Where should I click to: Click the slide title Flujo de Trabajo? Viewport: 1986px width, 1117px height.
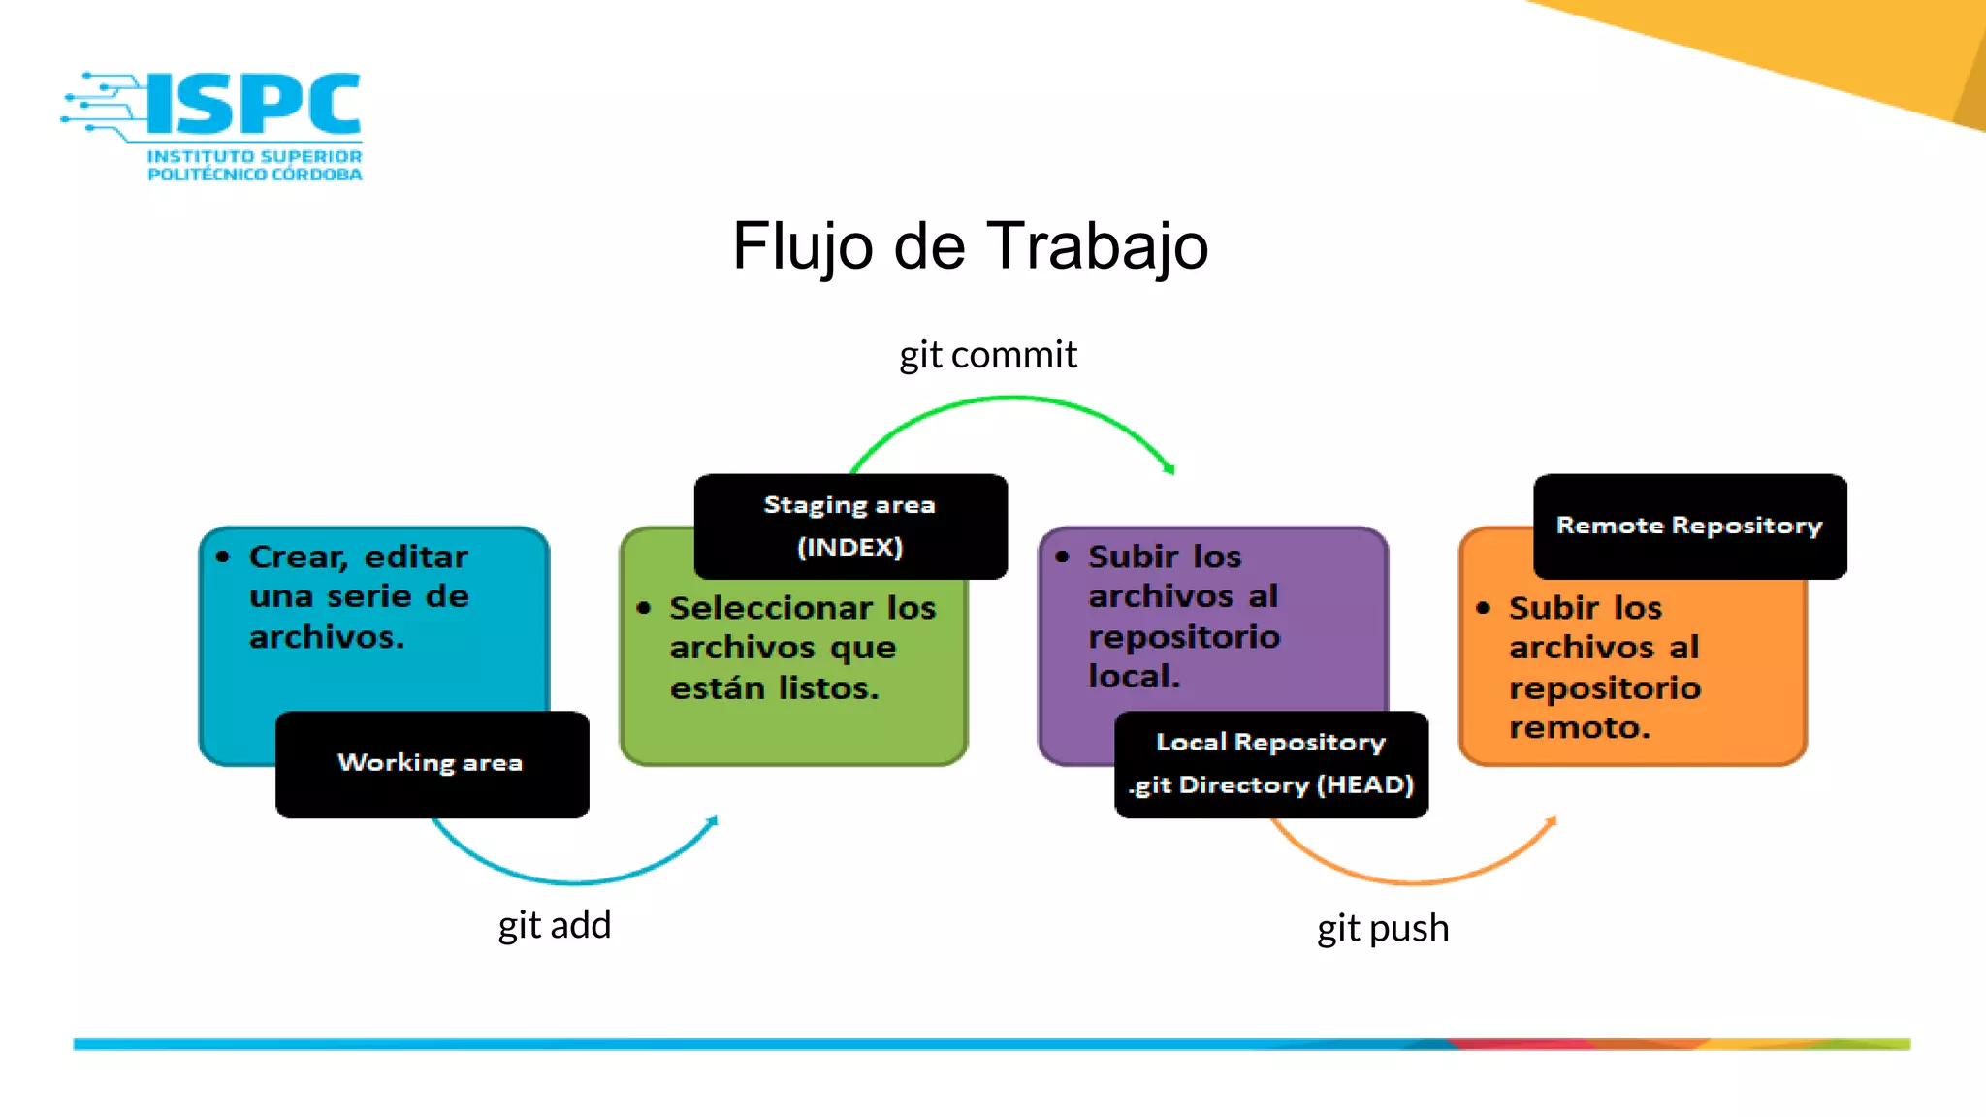click(x=970, y=245)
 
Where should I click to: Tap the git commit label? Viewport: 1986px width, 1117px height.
click(x=987, y=355)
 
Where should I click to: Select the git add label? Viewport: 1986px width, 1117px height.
click(x=554, y=925)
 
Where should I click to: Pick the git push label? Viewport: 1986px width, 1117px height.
click(x=1382, y=929)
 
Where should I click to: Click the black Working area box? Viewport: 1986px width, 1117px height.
click(x=432, y=764)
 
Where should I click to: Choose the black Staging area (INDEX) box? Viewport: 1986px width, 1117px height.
click(x=850, y=527)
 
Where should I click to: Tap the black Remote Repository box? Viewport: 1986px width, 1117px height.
click(x=1689, y=527)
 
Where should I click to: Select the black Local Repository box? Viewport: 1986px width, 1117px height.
click(x=1270, y=764)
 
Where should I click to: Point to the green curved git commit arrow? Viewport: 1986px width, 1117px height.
click(x=1013, y=398)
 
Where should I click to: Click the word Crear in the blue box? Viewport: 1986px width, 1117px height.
click(x=298, y=557)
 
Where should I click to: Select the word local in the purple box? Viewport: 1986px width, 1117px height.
click(x=1133, y=676)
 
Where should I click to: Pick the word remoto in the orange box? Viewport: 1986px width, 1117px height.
click(x=1579, y=727)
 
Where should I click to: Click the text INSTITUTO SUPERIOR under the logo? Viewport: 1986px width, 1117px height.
click(x=254, y=156)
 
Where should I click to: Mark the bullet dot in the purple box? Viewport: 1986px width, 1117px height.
click(x=1062, y=557)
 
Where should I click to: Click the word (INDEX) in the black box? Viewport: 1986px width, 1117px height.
click(x=849, y=548)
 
